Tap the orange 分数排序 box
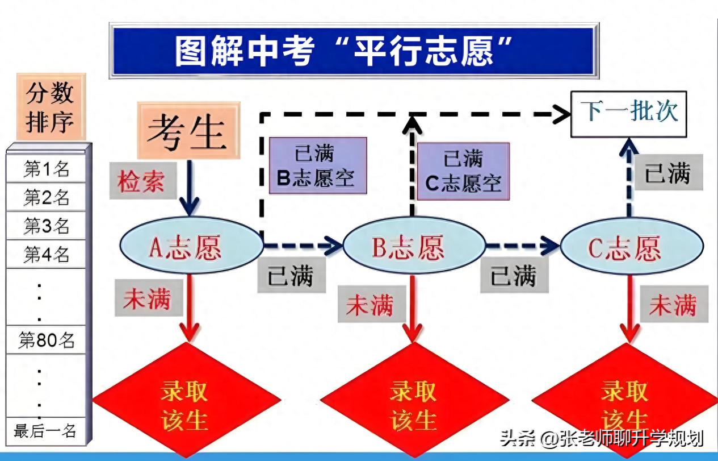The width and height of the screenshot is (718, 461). (x=51, y=107)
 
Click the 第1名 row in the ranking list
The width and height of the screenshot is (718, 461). (x=46, y=169)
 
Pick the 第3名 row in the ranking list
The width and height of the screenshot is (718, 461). (x=46, y=226)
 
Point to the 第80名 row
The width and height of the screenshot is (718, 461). (x=46, y=340)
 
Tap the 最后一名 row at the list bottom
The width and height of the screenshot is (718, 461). (x=45, y=431)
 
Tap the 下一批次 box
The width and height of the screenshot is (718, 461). (x=628, y=114)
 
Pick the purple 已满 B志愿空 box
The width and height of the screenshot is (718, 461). (x=318, y=165)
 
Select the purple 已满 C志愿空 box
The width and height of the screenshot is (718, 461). (x=463, y=171)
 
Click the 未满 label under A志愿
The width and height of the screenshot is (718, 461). (x=146, y=297)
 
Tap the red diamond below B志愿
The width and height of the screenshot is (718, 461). (x=414, y=400)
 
